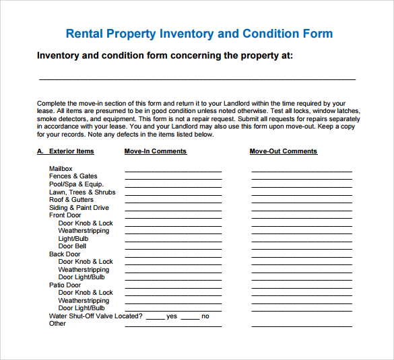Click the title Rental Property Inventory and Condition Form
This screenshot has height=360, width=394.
199,34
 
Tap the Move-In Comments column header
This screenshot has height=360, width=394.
155,151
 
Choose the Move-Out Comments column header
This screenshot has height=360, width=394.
283,151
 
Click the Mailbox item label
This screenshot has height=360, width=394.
61,169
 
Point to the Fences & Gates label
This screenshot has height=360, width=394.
73,176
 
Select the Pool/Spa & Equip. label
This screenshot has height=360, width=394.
76,184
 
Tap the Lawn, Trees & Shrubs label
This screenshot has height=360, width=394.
82,192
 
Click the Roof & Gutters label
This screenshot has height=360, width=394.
71,200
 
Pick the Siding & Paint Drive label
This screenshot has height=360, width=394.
79,208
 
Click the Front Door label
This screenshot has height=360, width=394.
65,215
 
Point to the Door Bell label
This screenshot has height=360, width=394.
72,246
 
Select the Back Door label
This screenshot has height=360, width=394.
65,254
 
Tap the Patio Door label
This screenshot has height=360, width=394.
65,285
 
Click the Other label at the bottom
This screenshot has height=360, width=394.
57,324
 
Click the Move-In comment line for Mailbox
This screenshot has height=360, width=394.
173,171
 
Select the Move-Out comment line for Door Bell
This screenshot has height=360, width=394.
302,248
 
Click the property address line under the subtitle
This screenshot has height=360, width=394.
197,79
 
